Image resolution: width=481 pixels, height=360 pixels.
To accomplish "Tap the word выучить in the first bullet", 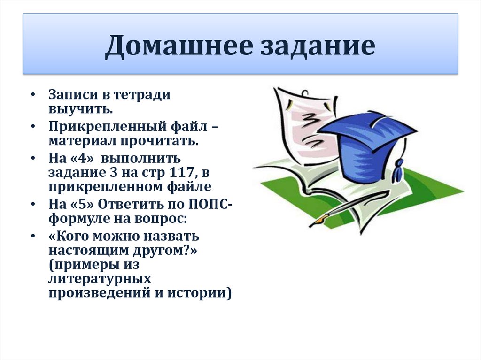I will pos(79,109).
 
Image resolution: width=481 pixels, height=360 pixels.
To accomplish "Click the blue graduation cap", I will pos(364,141).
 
